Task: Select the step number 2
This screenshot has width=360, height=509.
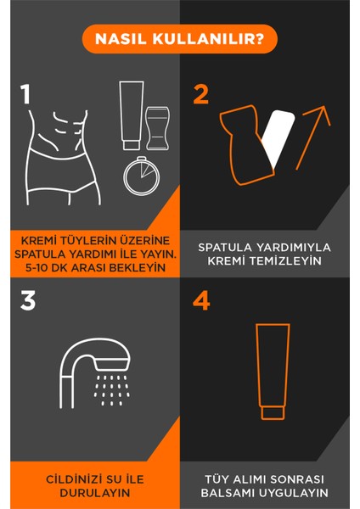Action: (x=201, y=93)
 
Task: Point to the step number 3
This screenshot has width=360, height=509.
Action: (x=28, y=300)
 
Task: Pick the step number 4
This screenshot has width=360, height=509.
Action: (x=201, y=300)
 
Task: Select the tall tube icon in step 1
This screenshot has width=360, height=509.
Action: (x=131, y=113)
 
